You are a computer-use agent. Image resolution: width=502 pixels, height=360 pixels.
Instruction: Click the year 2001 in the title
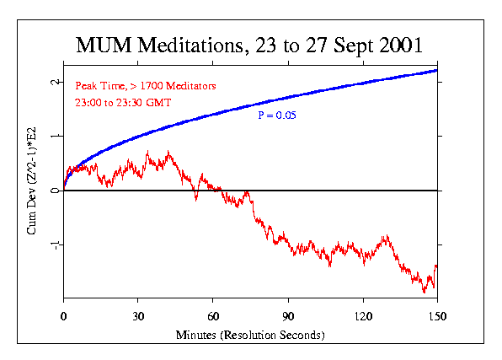(400, 44)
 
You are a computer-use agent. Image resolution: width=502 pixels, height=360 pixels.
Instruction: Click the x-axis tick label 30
(138, 318)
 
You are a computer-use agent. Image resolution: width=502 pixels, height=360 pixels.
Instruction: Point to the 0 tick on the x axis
(64, 318)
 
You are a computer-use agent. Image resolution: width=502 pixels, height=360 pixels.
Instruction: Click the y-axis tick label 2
(54, 82)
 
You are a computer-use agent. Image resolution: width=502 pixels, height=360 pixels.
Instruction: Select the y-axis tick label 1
(54, 136)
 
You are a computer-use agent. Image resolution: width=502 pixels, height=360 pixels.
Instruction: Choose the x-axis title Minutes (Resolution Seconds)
(250, 335)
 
